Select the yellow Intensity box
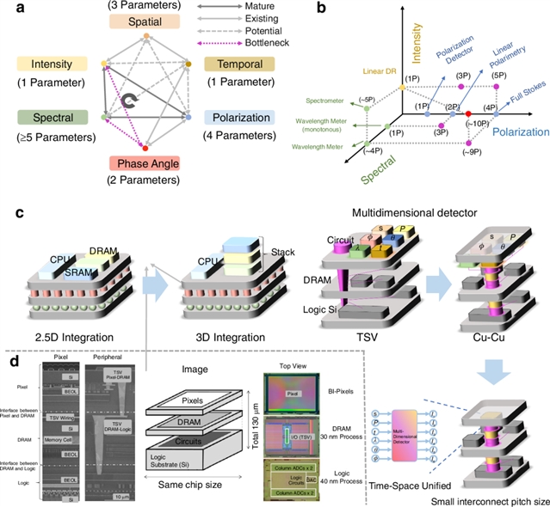[50, 64]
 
